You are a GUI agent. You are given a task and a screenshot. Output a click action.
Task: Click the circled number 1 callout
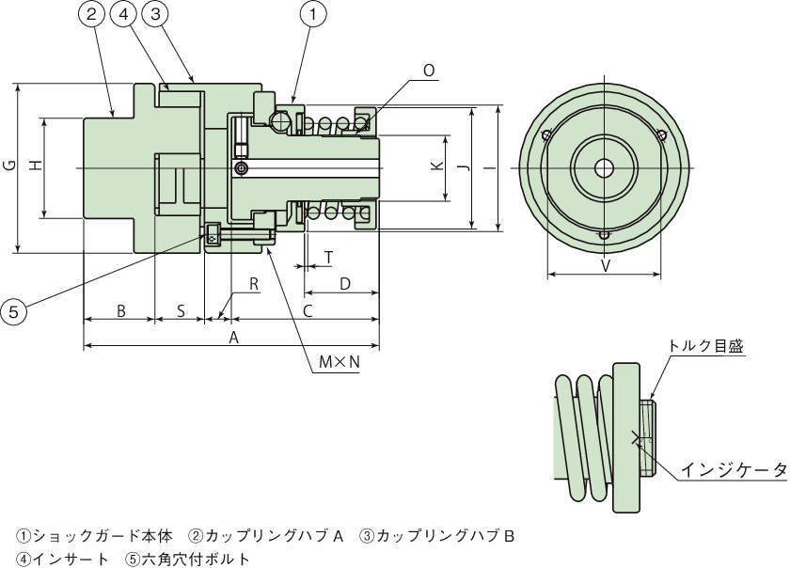click(312, 14)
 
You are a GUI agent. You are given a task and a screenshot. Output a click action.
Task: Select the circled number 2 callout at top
click(91, 14)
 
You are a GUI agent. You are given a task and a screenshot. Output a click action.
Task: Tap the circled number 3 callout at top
click(157, 14)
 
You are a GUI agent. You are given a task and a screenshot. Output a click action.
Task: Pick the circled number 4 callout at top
click(124, 14)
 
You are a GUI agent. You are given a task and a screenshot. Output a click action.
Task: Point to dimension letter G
click(9, 166)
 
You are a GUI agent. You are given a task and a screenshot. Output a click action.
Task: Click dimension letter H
click(36, 166)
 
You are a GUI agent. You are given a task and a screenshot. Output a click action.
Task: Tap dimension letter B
click(119, 310)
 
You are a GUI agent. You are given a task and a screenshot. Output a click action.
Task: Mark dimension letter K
click(435, 166)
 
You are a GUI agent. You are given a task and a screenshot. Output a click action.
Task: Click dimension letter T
click(328, 257)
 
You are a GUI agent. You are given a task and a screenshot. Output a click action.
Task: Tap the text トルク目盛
click(705, 346)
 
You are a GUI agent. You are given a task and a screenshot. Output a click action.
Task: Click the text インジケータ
click(734, 469)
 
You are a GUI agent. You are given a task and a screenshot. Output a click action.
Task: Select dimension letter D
click(344, 283)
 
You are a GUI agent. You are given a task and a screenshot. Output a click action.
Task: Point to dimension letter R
click(253, 284)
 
